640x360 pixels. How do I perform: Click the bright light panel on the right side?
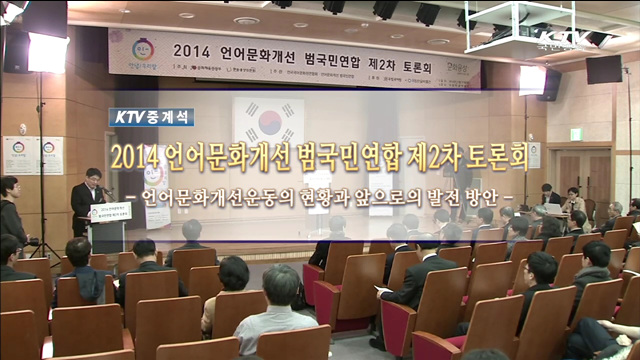click(x=533, y=79)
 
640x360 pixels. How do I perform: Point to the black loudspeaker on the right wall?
click(x=604, y=69)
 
